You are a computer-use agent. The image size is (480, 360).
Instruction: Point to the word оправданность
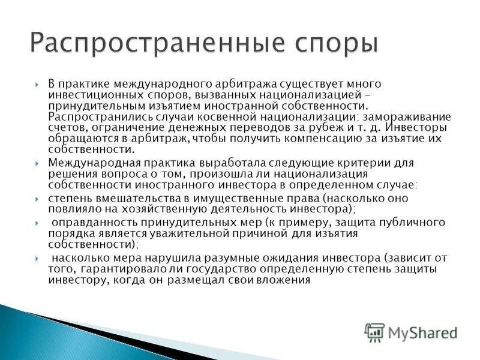pyautogui.click(x=83, y=223)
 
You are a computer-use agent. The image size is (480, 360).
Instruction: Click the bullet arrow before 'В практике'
pyautogui.click(x=37, y=85)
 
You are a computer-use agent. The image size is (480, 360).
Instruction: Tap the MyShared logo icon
pyautogui.click(x=374, y=332)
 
